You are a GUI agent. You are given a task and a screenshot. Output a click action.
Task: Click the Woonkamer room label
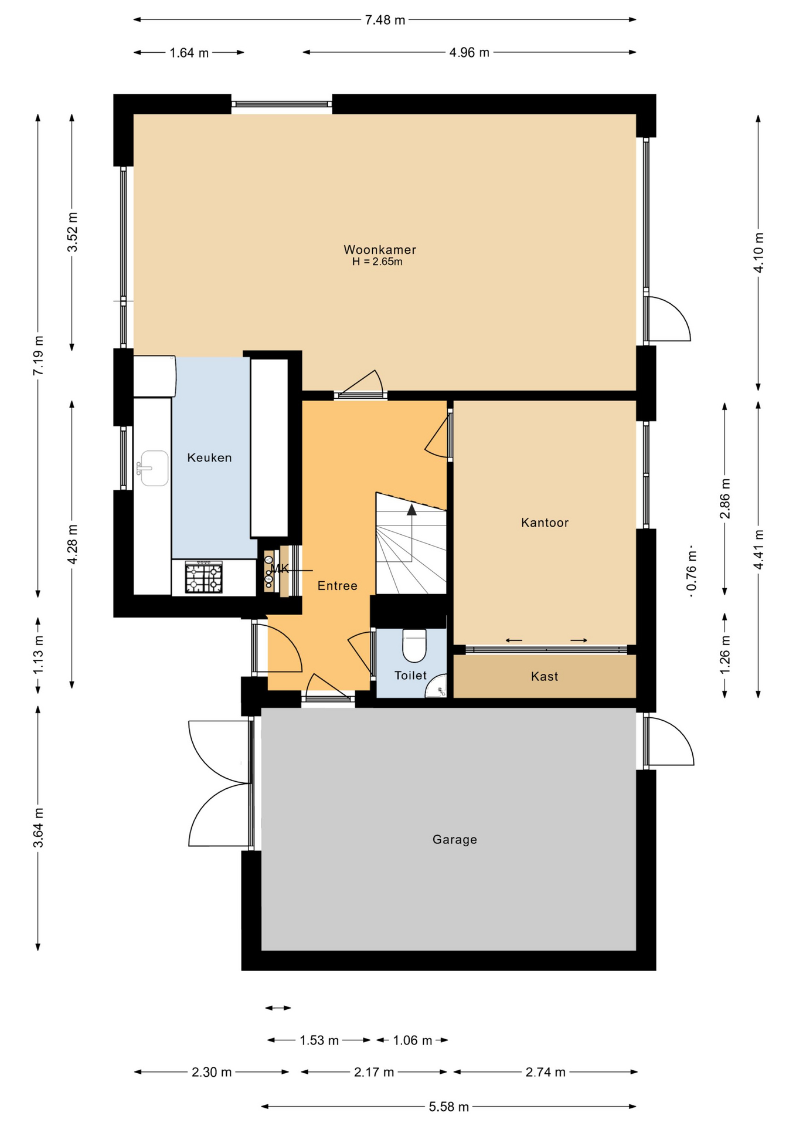tap(380, 250)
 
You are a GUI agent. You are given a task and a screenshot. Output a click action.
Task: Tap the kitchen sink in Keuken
tap(152, 468)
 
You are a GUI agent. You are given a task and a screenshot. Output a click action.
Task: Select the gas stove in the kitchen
tap(204, 577)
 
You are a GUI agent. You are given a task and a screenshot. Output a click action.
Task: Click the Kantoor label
tap(545, 523)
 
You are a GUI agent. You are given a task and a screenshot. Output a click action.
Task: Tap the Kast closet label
tap(545, 676)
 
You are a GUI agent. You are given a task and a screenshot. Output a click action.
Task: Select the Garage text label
tap(455, 839)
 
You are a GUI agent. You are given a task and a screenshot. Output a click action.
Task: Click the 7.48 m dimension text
tap(385, 20)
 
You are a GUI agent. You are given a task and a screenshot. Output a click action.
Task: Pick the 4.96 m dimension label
tap(470, 53)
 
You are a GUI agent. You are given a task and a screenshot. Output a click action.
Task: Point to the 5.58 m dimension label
tap(449, 1107)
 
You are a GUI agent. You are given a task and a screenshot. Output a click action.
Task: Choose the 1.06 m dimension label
tap(413, 1040)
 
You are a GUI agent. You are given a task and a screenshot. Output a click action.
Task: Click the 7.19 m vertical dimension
tap(38, 355)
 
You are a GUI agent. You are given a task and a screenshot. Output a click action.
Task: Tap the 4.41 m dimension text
tap(758, 549)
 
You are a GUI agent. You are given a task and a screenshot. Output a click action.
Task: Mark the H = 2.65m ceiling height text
tap(377, 262)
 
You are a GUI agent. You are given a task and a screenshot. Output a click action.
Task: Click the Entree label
tap(338, 585)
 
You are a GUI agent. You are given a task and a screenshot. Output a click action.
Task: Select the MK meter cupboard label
tap(280, 568)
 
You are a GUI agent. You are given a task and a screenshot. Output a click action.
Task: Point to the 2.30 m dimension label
tap(212, 1072)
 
